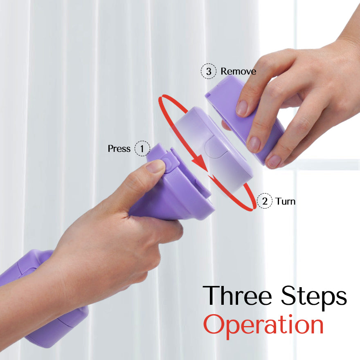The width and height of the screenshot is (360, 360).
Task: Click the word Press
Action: tap(119, 149)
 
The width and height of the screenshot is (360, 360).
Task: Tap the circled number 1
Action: tap(142, 148)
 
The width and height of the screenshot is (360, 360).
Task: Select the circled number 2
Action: tap(265, 201)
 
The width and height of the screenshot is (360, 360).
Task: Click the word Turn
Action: tap(286, 201)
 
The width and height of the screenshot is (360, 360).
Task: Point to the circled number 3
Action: tap(209, 71)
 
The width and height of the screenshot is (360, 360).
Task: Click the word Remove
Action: tap(239, 71)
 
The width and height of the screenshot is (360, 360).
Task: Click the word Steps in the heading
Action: tap(314, 297)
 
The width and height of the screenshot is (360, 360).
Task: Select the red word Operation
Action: tap(263, 325)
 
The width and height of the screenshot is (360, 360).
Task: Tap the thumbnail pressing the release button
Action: tap(155, 166)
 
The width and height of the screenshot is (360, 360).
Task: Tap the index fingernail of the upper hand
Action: tap(242, 108)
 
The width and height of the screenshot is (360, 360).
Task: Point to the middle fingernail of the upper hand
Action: tap(254, 144)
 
